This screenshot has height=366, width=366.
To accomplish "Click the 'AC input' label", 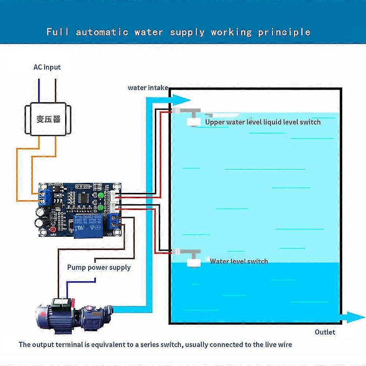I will pyautogui.click(x=47, y=67).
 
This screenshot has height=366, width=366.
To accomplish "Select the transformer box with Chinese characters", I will pyautogui.click(x=48, y=119).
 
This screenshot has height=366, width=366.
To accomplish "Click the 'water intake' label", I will pyautogui.click(x=147, y=87).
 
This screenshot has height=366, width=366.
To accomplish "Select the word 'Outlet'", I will pyautogui.click(x=325, y=332).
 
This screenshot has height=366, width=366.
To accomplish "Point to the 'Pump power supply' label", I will pyautogui.click(x=99, y=268).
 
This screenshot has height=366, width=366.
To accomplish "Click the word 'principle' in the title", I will pyautogui.click(x=284, y=32).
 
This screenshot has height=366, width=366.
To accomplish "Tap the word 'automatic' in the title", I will pyautogui.click(x=102, y=32).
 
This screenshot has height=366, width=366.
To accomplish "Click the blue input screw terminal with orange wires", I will pyautogui.click(x=46, y=197).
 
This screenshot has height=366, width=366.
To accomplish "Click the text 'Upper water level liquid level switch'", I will pyautogui.click(x=262, y=122).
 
